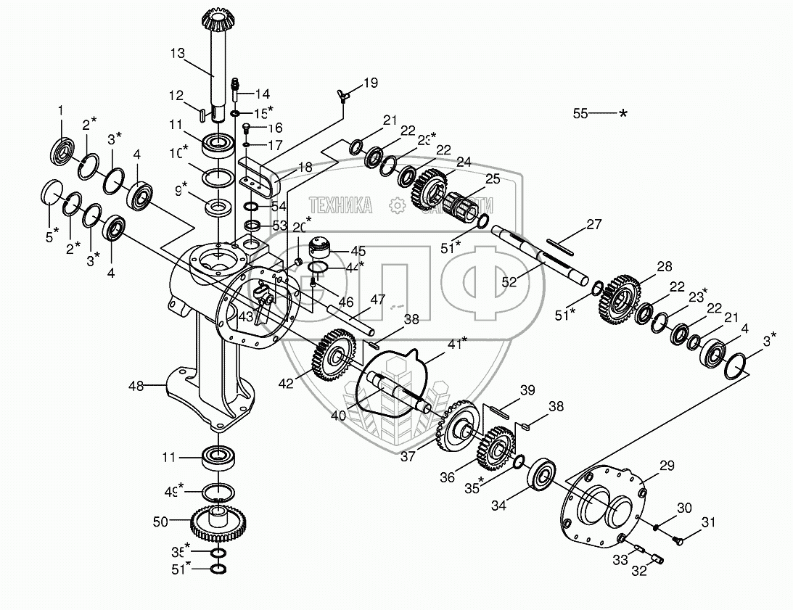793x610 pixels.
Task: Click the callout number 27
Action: [594, 224]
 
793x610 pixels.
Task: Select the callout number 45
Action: [358, 251]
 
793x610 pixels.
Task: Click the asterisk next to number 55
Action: [622, 114]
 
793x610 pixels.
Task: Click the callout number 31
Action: [707, 522]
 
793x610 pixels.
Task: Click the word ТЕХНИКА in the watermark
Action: [341, 205]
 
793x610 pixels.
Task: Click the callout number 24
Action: [464, 162]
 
